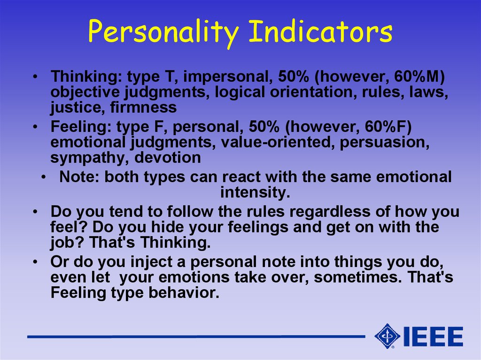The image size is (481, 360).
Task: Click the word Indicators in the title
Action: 320,31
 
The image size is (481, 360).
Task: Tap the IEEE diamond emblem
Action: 387,336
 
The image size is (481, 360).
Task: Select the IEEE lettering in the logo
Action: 433,337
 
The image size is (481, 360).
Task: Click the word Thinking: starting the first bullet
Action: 86,77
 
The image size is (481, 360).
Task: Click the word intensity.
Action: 255,192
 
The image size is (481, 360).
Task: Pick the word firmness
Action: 143,107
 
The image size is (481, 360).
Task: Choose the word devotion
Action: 168,158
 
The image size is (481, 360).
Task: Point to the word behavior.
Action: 184,292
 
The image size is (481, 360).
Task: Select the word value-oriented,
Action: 277,142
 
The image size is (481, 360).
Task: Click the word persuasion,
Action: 384,142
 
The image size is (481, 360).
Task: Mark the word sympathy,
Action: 90,158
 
